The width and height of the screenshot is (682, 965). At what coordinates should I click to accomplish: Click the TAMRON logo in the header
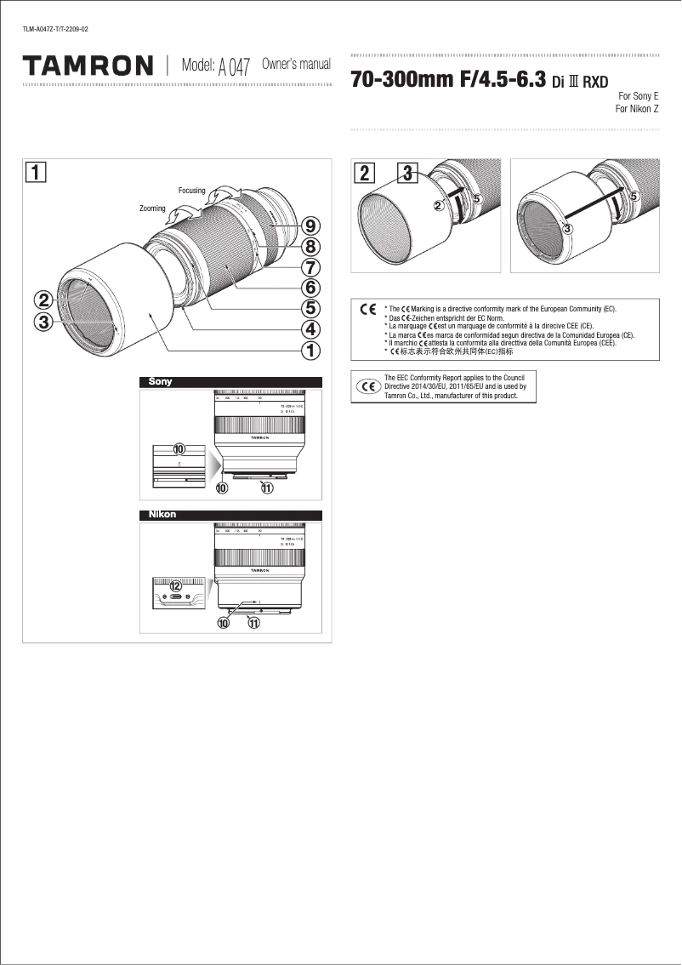(x=88, y=66)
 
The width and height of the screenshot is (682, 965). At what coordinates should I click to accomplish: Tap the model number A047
(x=234, y=67)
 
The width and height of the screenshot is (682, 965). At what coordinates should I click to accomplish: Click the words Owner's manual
(x=295, y=65)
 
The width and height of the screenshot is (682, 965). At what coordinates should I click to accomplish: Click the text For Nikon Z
(x=637, y=109)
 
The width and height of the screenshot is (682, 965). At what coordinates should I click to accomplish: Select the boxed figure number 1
(x=35, y=172)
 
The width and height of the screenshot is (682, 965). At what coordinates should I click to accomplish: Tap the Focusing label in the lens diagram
(x=191, y=191)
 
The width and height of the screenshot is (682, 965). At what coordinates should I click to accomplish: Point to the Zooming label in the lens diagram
(x=151, y=208)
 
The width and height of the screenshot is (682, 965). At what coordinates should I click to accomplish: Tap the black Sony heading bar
(x=230, y=382)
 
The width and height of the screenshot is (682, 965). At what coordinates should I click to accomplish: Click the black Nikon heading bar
(x=230, y=515)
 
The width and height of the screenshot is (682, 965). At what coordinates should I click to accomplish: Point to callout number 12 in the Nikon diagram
(x=176, y=585)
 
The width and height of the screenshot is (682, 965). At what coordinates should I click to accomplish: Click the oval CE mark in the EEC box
(x=369, y=386)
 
